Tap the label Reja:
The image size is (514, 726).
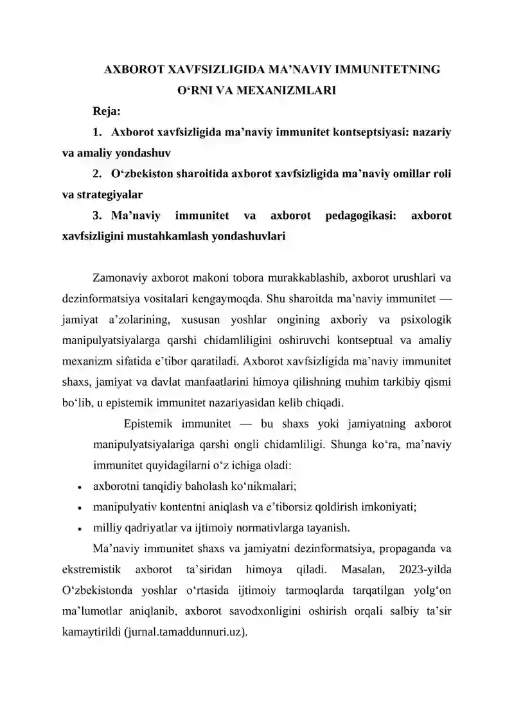click(108, 111)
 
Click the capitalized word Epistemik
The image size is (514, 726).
click(149, 424)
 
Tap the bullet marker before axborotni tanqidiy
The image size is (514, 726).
click(78, 487)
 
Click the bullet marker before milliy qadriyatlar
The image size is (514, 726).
click(78, 529)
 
